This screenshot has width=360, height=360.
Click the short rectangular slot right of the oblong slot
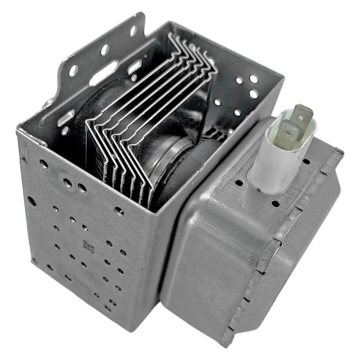(135, 68)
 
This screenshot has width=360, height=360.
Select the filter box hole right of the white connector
(306, 162)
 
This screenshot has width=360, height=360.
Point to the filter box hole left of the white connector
(238, 183)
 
